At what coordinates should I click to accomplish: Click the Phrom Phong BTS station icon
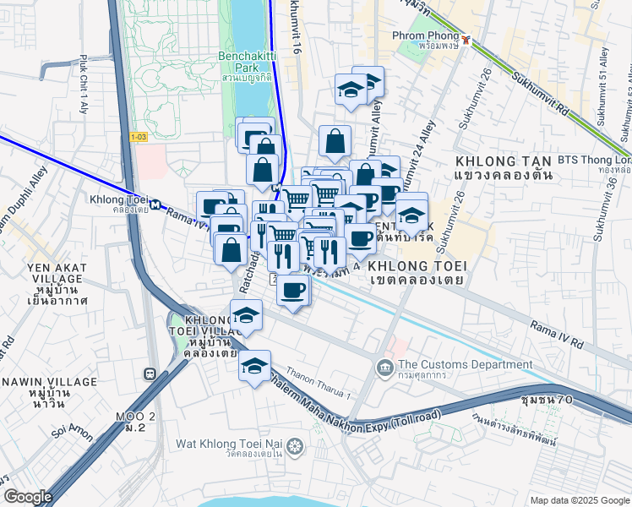tap(466, 38)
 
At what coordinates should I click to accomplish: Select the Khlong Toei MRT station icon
tap(156, 203)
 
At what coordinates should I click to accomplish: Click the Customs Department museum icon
tap(384, 365)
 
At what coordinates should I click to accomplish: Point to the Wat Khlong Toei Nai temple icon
tap(294, 444)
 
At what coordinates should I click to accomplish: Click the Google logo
tap(28, 497)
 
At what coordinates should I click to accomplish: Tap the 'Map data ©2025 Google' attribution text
tap(579, 500)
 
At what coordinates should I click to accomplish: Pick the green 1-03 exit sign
tap(139, 136)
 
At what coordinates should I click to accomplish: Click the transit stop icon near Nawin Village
tap(150, 373)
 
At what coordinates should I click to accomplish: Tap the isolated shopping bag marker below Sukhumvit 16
tap(335, 141)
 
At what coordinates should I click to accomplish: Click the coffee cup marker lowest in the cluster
tap(293, 290)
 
